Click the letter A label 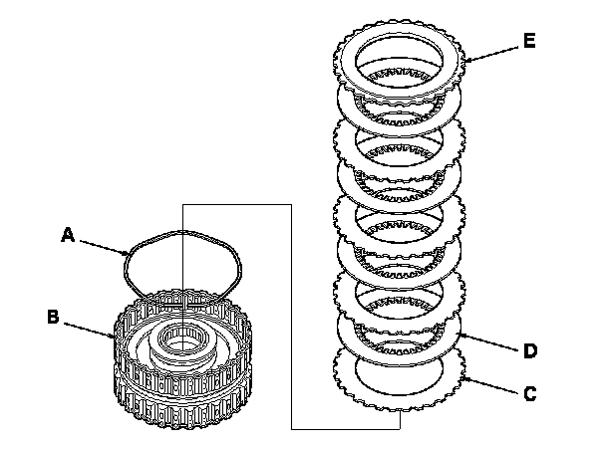67,235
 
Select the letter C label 529,393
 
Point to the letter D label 529,349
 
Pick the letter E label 528,41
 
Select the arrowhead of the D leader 455,336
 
